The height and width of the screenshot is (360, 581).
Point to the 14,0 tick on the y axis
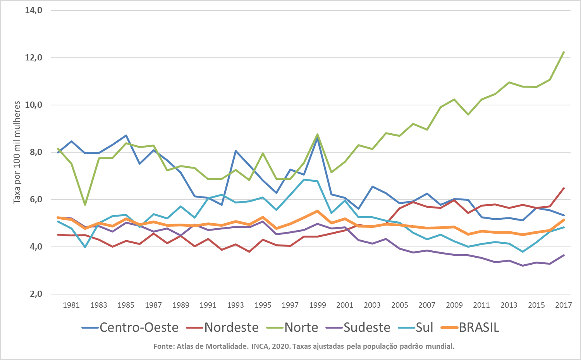click(34, 10)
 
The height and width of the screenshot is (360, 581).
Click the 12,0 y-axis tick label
click(34, 58)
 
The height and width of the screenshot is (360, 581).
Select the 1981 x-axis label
click(71, 305)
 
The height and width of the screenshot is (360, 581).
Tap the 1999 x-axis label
click(317, 305)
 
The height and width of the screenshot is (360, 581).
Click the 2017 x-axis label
click(563, 305)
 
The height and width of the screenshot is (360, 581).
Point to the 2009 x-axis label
click(454, 305)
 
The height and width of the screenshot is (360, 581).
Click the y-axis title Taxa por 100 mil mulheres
click(17, 152)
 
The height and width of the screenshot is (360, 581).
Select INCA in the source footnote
click(260, 346)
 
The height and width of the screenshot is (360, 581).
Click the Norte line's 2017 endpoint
click(564, 52)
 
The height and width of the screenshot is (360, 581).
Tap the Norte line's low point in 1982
click(85, 205)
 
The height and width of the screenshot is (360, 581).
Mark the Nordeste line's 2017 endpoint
click(564, 188)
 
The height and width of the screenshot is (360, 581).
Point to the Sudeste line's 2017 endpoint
click(564, 255)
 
